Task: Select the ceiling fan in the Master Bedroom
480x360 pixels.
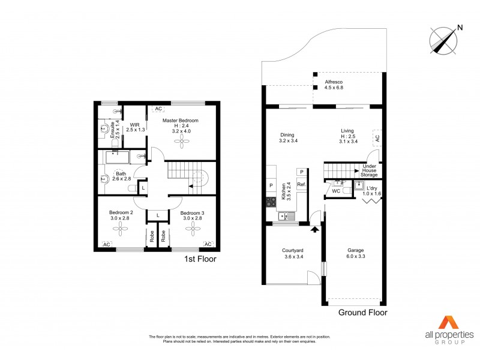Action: coord(181,139)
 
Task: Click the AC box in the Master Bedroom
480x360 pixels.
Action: coord(158,109)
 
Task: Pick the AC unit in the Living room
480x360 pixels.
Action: coord(377,137)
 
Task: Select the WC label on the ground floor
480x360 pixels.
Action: coord(336,191)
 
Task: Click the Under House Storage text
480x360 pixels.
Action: coord(369,171)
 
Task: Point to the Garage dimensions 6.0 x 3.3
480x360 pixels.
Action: coord(356,257)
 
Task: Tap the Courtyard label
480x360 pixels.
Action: coord(293,250)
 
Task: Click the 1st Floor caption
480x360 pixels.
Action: coord(200,259)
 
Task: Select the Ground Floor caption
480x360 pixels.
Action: coord(362,313)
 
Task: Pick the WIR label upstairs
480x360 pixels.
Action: coord(134,125)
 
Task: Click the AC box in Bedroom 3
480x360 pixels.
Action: coord(208,244)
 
